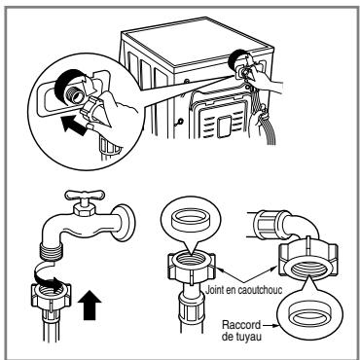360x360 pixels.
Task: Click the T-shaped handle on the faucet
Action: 85,196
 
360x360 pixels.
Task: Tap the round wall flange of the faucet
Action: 125,223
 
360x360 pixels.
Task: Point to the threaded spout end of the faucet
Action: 52,252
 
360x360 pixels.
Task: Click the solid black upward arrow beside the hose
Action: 90,306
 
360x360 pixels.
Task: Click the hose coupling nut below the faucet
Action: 51,296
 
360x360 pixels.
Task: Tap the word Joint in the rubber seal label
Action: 213,290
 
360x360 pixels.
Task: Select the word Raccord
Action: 241,325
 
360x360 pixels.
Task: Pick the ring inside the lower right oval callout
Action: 309,313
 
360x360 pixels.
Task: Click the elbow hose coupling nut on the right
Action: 307,258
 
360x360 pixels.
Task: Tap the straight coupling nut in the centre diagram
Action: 192,265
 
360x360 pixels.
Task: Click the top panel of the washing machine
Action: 198,42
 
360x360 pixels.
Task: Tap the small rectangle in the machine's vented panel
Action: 224,126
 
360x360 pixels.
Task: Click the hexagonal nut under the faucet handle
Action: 85,210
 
